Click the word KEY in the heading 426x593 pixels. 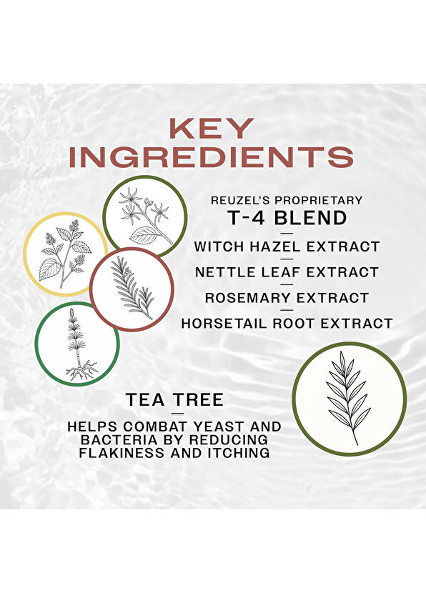click(211, 128)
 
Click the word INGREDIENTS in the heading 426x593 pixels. click(212, 156)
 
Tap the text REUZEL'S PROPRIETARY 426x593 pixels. click(287, 201)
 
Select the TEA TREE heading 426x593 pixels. click(174, 400)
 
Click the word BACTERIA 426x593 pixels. click(113, 439)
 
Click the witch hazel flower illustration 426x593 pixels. click(145, 216)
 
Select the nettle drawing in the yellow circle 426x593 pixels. click(66, 254)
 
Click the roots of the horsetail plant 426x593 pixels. click(81, 371)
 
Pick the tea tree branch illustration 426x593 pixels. click(349, 398)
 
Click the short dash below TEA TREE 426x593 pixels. click(174, 414)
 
